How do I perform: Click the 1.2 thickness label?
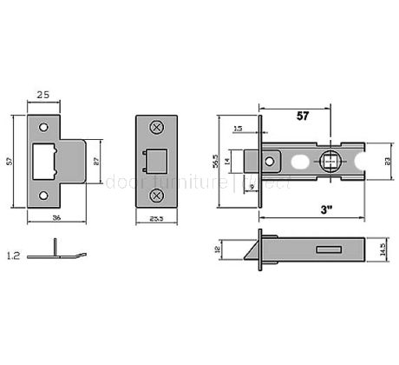click(x=12, y=255)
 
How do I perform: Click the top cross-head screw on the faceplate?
click(x=156, y=127)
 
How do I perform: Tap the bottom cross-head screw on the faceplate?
click(x=156, y=195)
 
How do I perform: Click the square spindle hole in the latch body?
click(x=331, y=162)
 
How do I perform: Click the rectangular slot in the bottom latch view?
click(x=329, y=250)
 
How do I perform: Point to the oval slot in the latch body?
click(x=301, y=162)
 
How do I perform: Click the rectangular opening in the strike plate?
click(x=43, y=160)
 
